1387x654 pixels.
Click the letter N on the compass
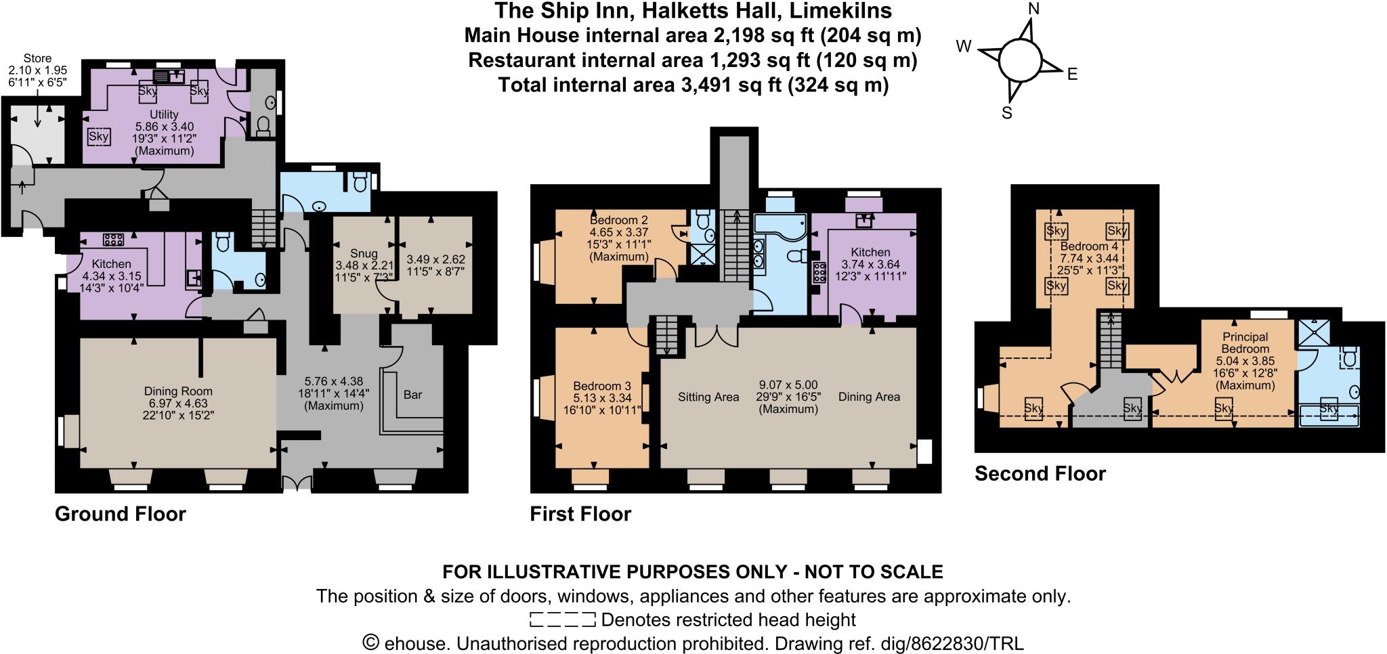tap(1033, 9)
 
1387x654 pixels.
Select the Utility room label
tap(164, 114)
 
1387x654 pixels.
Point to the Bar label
tap(412, 395)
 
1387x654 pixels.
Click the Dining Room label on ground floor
tap(178, 391)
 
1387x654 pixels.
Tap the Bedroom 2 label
tap(619, 220)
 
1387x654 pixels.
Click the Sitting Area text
tap(708, 397)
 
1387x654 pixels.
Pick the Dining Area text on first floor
tap(869, 397)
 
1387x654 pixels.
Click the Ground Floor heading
tap(120, 514)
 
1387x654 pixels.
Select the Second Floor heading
tap(1040, 473)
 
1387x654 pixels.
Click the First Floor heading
tap(580, 514)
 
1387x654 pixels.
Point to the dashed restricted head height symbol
tap(562, 619)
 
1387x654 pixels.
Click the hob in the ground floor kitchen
tap(112, 239)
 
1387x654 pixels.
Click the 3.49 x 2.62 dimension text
tap(435, 259)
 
